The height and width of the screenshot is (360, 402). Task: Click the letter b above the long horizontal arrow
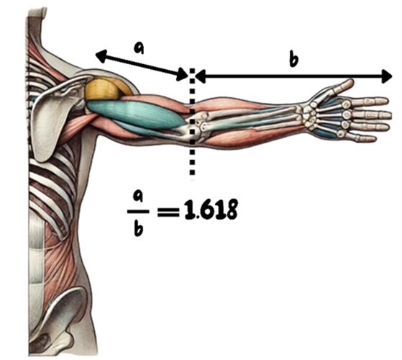point(293,59)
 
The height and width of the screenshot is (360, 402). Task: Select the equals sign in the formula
point(168,212)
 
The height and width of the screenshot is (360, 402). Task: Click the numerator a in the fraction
point(138,197)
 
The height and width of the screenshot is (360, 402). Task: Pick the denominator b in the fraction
point(139,228)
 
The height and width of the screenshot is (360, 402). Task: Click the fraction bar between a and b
point(138,212)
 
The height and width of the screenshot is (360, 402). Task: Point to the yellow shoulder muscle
point(106,89)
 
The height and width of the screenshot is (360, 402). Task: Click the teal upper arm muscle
point(136,113)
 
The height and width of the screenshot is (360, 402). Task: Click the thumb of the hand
point(342,86)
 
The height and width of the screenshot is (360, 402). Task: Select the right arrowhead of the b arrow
point(387,76)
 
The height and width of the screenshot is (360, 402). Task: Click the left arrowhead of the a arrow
point(101,56)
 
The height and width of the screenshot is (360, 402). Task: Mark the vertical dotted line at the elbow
point(192,122)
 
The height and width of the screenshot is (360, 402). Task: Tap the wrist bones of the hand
point(309,115)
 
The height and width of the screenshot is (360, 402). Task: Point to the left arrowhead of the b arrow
point(201,76)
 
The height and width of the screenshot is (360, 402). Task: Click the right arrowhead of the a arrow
point(183,74)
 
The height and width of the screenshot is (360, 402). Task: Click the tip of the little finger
point(375,140)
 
